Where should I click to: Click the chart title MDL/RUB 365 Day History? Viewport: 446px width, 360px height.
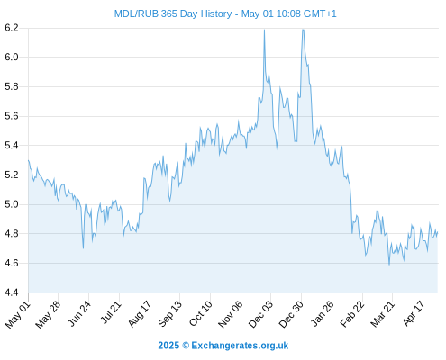[173, 13]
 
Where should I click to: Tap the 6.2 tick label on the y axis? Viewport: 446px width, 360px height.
[12, 28]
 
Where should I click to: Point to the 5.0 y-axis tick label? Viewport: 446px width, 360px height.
[12, 204]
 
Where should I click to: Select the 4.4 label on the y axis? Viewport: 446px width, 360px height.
[12, 292]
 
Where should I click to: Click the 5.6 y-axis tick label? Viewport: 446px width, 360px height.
[12, 116]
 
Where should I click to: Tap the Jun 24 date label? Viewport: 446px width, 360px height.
[79, 313]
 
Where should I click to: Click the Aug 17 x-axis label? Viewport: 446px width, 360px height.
[140, 313]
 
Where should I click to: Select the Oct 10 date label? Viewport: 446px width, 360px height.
[200, 313]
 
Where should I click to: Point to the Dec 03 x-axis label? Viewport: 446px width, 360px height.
[260, 313]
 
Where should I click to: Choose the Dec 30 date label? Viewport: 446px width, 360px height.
[291, 313]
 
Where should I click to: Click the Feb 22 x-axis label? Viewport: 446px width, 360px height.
[352, 313]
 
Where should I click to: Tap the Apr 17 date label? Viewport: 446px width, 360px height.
[414, 312]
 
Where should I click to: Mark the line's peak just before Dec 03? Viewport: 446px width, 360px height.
[264, 30]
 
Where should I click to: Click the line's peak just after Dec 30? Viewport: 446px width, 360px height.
[303, 30]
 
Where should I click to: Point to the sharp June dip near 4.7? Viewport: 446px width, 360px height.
[83, 248]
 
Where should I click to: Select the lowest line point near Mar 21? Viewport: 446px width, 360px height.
[389, 265]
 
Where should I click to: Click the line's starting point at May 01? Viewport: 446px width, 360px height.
[29, 160]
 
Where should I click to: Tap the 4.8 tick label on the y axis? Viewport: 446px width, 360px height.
[12, 233]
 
